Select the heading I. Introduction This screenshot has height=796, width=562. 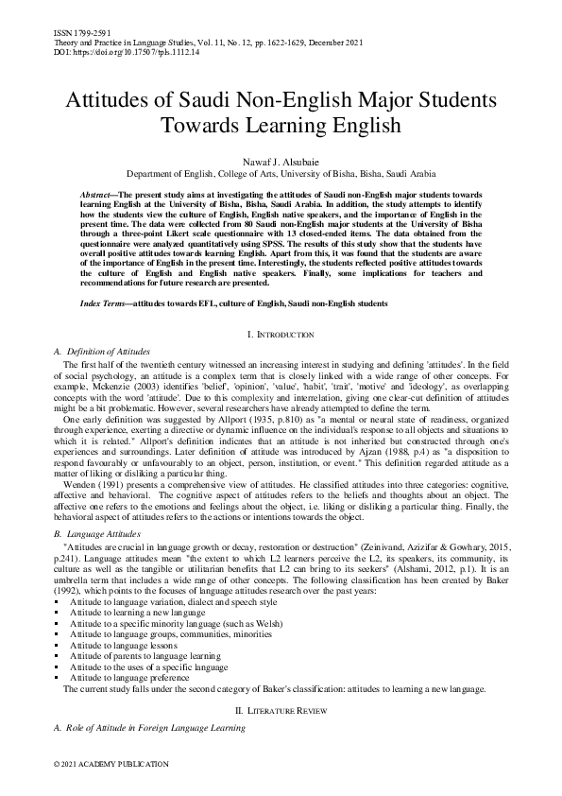point(281,336)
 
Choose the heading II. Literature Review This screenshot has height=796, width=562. point(281,709)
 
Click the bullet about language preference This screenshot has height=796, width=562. point(129,677)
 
